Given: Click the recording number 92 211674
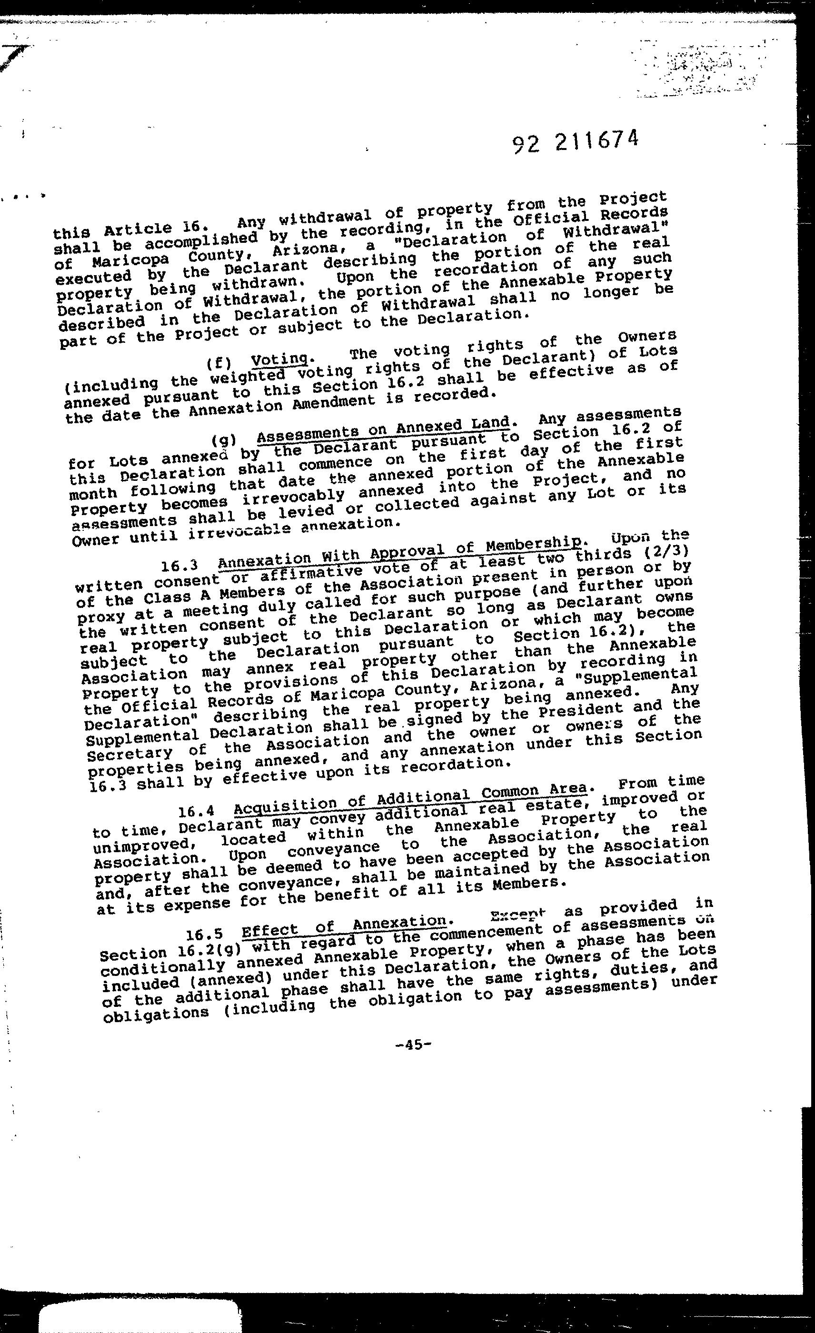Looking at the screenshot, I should pyautogui.click(x=575, y=142).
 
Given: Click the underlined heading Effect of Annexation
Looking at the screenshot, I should pyautogui.click(x=344, y=926).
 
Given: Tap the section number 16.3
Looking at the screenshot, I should pyautogui.click(x=179, y=566).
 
